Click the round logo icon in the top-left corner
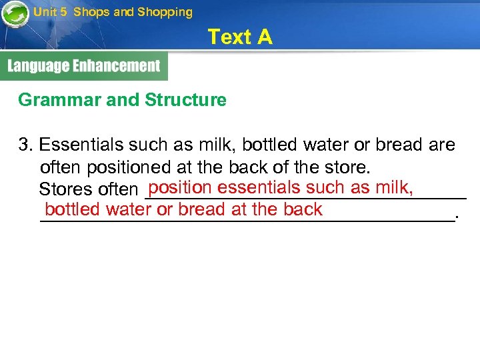click(15, 14)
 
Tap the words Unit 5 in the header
click(50, 12)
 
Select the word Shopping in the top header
click(165, 12)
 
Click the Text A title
click(240, 37)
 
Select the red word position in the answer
click(180, 187)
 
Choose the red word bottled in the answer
click(73, 209)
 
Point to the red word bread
click(201, 209)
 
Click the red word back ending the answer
click(303, 209)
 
